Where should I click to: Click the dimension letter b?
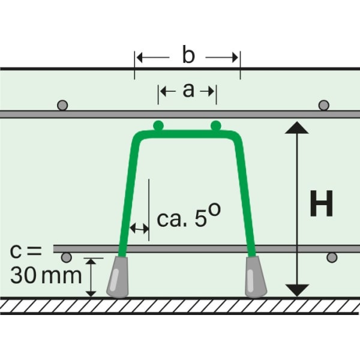[x=188, y=56]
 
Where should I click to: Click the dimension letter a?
[x=188, y=91]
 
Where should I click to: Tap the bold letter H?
[x=321, y=205]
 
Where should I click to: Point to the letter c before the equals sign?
[x=17, y=250]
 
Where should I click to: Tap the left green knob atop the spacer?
[x=158, y=125]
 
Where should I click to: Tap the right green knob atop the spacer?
[x=216, y=125]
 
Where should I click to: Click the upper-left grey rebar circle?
[x=62, y=106]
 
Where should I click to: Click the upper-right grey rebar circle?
[x=324, y=106]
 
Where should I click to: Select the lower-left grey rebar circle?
[x=67, y=257]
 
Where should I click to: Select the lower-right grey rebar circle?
[x=331, y=257]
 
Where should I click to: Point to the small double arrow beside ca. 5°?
[x=140, y=228]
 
